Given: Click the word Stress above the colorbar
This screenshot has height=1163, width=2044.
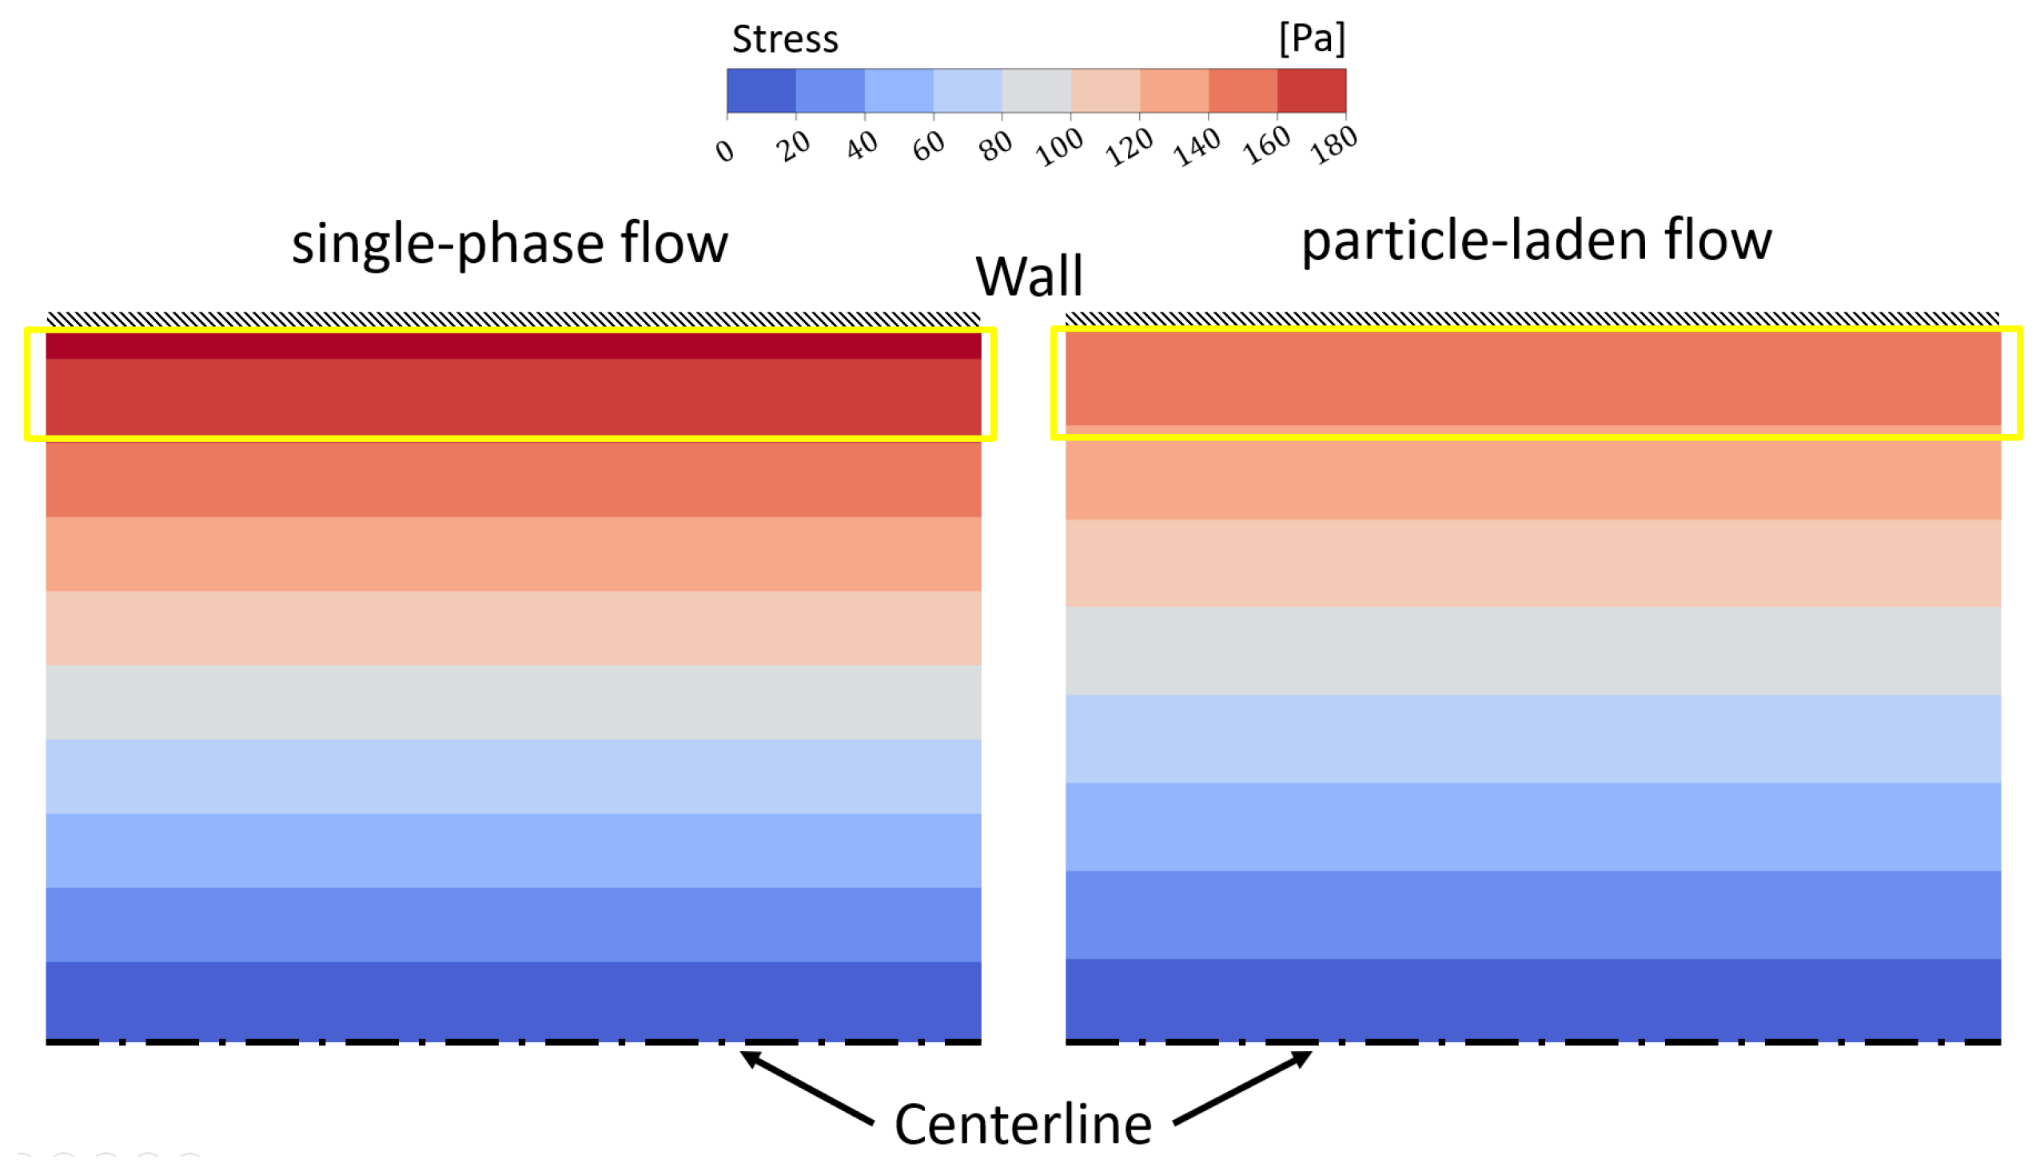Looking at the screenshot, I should [784, 38].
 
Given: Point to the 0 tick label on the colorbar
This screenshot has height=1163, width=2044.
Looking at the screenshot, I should [724, 149].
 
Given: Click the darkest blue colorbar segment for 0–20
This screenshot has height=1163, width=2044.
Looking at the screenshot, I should [761, 90].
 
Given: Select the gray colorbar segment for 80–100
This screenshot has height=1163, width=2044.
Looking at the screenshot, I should [1036, 90].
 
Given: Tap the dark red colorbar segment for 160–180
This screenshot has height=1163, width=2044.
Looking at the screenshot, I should [1311, 90].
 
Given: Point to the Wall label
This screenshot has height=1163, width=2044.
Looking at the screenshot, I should [1029, 277].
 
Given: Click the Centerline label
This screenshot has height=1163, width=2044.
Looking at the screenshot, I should [1022, 1124].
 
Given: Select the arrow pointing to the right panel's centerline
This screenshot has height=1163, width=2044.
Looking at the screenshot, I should [1244, 1088].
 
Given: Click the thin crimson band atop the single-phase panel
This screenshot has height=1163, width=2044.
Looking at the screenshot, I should [513, 346].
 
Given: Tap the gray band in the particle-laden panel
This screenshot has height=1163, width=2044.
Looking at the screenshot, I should [1532, 651].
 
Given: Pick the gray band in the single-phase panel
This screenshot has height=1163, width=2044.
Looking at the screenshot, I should [513, 703].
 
